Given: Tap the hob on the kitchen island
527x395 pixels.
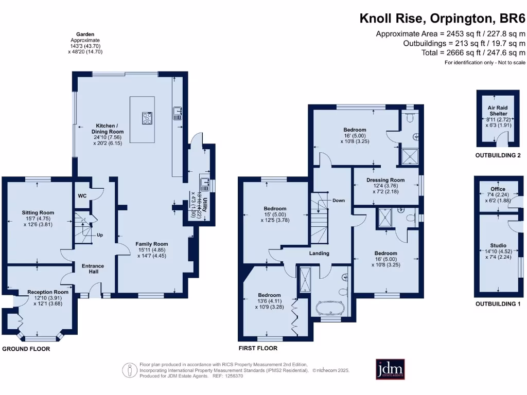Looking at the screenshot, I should [147, 118].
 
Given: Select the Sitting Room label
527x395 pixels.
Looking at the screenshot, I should [38, 212].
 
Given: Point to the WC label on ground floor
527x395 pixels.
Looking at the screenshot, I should [82, 196].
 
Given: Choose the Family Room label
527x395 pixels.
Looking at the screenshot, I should [151, 244].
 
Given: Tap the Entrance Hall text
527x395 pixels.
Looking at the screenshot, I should [93, 269].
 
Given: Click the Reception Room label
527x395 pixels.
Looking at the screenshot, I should [48, 292].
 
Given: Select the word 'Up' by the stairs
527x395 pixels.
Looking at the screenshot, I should [100, 235].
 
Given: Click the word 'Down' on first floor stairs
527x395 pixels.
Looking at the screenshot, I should [339, 201].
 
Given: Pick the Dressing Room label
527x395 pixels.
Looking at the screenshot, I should [385, 180].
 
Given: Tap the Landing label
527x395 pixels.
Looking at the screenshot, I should [319, 253].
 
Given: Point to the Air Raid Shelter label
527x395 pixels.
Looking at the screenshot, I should [498, 110].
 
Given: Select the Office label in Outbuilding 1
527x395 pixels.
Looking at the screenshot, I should [498, 189].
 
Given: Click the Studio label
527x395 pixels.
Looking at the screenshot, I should [498, 245].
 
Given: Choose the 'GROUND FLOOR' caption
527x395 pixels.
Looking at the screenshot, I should [26, 349].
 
